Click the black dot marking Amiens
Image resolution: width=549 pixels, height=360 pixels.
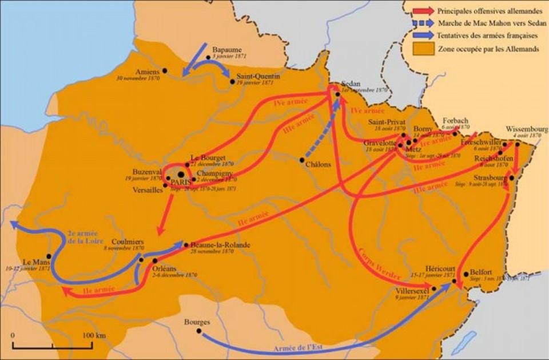click(x=165, y=71)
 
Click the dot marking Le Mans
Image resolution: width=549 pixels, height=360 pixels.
click(x=49, y=256)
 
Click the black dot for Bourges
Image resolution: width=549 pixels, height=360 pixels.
click(x=199, y=330)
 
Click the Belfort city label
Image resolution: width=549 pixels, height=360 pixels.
click(x=481, y=273)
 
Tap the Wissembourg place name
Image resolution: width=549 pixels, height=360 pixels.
click(x=523, y=129)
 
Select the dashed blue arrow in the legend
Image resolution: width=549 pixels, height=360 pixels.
click(x=424, y=24)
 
